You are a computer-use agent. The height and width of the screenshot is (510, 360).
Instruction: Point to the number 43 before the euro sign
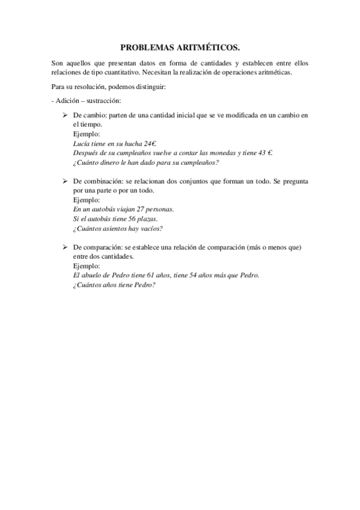pos(261,153)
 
